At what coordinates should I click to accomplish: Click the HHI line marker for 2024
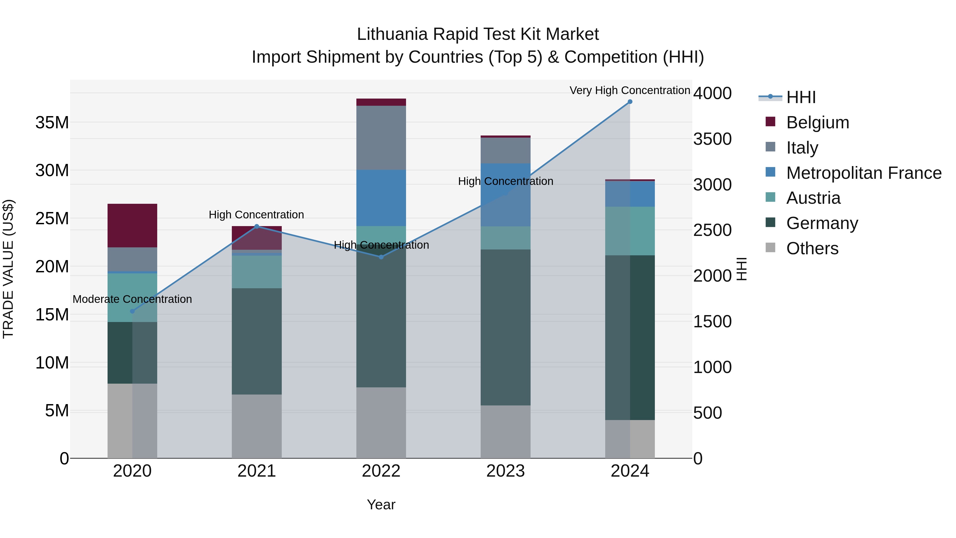coord(630,102)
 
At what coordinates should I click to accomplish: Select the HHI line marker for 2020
coord(132,311)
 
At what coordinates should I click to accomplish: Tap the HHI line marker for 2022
coord(381,257)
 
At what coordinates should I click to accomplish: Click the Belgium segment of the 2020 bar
coord(132,225)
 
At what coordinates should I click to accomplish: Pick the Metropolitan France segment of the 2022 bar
coord(381,198)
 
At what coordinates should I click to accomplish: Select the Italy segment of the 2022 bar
coord(381,138)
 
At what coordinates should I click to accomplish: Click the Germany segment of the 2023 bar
coord(505,327)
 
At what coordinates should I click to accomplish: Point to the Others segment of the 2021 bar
coord(257,426)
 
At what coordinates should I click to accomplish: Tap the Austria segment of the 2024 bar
coord(630,231)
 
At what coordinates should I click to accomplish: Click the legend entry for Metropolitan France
coord(863,173)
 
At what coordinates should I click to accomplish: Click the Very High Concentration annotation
coord(630,90)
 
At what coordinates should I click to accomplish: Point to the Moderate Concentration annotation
coord(132,299)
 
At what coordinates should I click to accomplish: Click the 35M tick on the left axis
coord(52,122)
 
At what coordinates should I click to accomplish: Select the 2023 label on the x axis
coord(505,471)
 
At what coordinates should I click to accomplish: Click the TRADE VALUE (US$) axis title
coord(8,269)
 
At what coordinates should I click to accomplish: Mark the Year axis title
coord(381,505)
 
